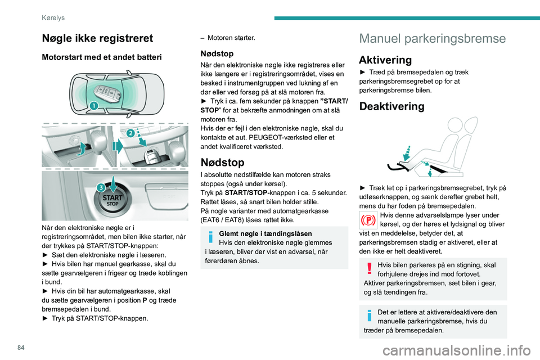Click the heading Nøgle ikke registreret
click(x=97, y=38)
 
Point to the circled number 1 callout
click(x=94, y=106)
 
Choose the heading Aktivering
click(x=386, y=60)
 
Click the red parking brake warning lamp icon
click(x=369, y=220)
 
